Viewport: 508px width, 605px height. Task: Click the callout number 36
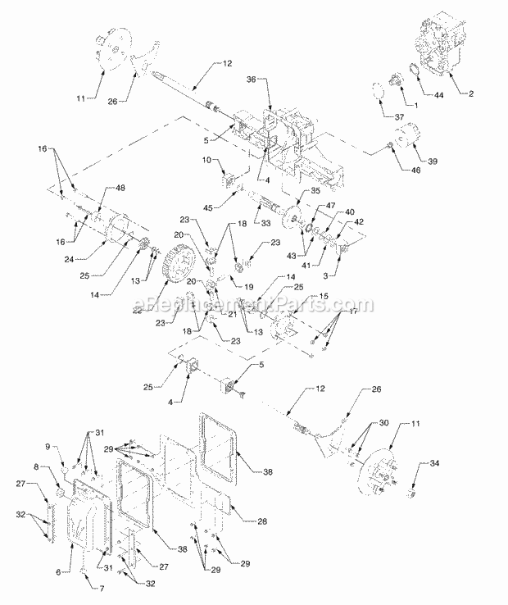point(252,79)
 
